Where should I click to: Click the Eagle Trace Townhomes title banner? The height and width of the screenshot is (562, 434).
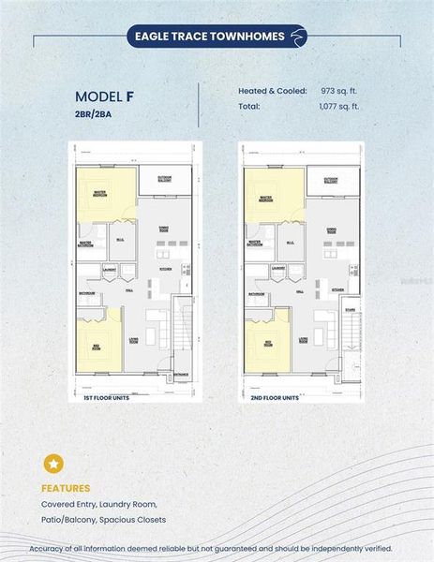[217, 37]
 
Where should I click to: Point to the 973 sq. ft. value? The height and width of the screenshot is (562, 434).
[340, 92]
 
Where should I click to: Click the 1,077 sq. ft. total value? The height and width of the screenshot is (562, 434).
[339, 107]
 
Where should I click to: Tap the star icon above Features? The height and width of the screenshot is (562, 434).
[53, 464]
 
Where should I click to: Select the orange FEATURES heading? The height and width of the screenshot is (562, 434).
[66, 488]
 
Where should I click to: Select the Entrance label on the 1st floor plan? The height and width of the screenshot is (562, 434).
[180, 377]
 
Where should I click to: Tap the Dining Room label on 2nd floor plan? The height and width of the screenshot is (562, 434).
[331, 229]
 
